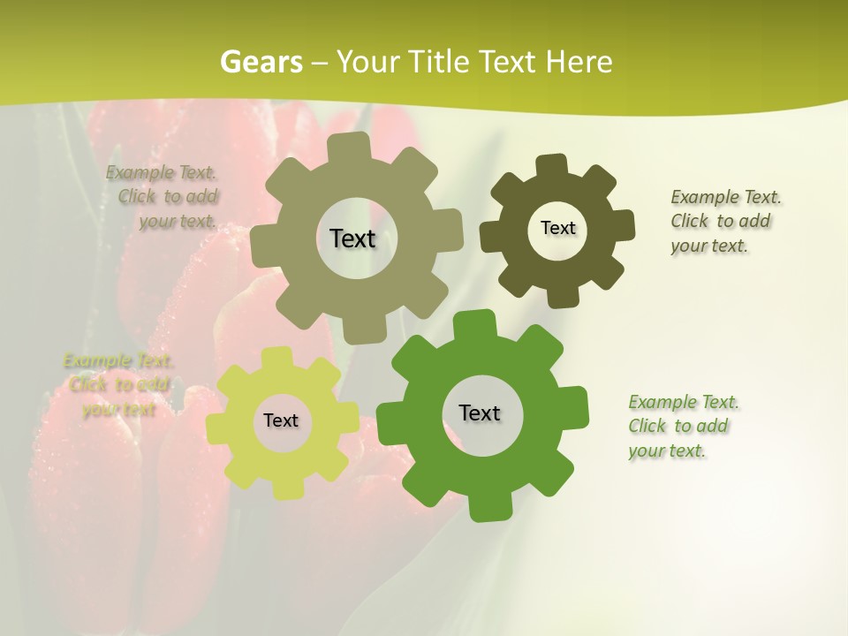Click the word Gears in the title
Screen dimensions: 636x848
pyautogui.click(x=261, y=62)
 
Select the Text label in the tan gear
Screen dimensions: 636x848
pyautogui.click(x=352, y=238)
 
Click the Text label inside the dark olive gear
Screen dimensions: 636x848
pyautogui.click(x=557, y=228)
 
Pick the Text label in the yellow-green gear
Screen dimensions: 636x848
pyautogui.click(x=280, y=420)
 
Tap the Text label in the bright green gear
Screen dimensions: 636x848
pyautogui.click(x=480, y=413)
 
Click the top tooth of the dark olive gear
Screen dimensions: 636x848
pyautogui.click(x=551, y=166)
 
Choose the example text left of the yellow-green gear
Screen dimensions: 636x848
pyautogui.click(x=118, y=385)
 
